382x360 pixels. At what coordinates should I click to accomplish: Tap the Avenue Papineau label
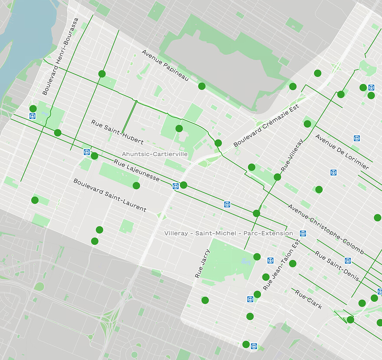165,66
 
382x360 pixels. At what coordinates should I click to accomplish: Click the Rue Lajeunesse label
137,171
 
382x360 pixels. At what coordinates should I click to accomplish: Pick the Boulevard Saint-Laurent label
110,195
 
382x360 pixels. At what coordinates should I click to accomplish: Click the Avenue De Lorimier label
342,152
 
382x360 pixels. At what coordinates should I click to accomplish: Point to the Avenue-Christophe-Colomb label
326,229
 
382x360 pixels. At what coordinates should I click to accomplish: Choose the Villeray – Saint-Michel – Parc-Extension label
228,233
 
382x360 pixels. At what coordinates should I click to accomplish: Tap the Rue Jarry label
202,263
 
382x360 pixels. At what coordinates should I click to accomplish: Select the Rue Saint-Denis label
337,266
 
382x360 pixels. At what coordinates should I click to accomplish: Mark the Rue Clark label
309,299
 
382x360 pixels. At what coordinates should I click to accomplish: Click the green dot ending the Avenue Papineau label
202,86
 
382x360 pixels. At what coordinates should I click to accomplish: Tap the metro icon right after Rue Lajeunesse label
176,186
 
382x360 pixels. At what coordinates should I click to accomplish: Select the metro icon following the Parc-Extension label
303,233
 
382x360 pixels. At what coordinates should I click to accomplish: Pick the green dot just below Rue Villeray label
277,177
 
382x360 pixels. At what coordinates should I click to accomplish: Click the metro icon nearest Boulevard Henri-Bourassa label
33,116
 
